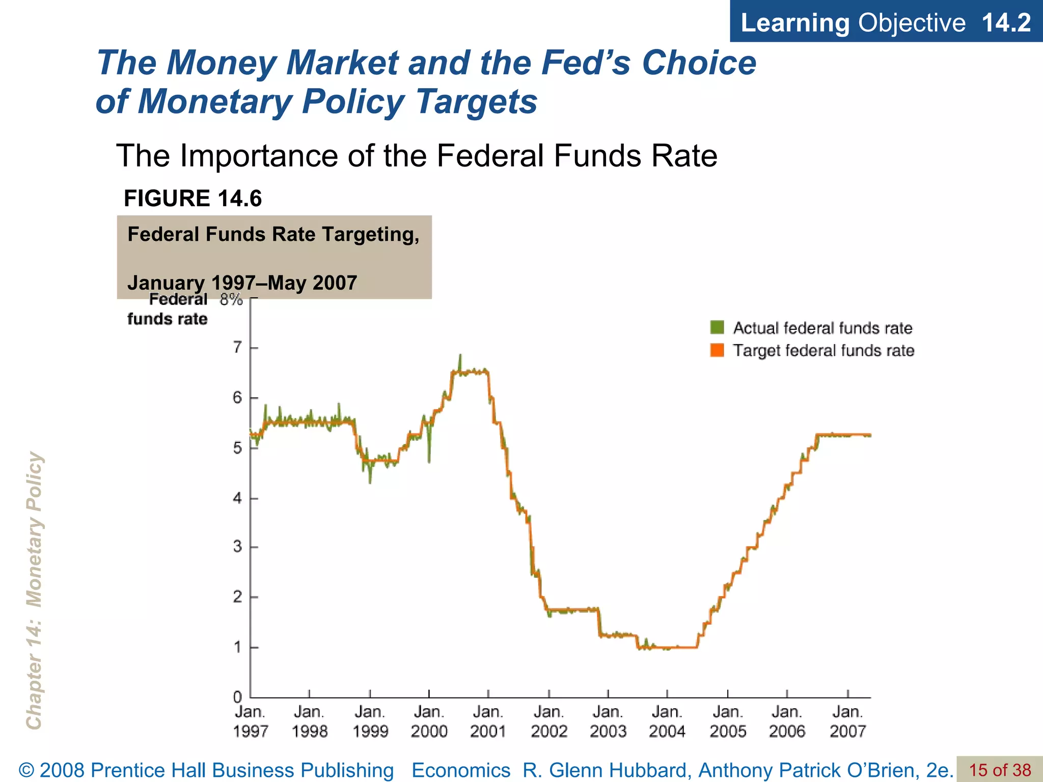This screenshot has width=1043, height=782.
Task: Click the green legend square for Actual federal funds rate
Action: (717, 327)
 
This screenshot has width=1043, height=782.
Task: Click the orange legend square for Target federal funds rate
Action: (717, 350)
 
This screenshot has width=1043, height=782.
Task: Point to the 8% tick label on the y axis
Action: (231, 299)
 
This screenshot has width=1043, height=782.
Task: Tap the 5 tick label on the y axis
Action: (237, 448)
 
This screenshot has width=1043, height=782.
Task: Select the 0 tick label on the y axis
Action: (237, 696)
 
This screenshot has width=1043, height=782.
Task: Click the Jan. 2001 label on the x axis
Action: (488, 721)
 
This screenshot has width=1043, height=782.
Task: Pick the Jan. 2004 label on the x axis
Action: (667, 721)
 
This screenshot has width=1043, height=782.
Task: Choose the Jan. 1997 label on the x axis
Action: (250, 721)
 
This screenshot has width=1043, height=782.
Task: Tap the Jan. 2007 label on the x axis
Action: (847, 721)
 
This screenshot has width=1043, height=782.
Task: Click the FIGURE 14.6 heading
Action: (193, 198)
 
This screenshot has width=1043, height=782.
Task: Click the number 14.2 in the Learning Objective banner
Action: (1006, 22)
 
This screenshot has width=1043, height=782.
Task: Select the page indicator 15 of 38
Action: (1000, 770)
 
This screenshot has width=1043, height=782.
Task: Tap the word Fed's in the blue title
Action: (585, 63)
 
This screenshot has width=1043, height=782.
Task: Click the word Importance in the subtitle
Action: (263, 155)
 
